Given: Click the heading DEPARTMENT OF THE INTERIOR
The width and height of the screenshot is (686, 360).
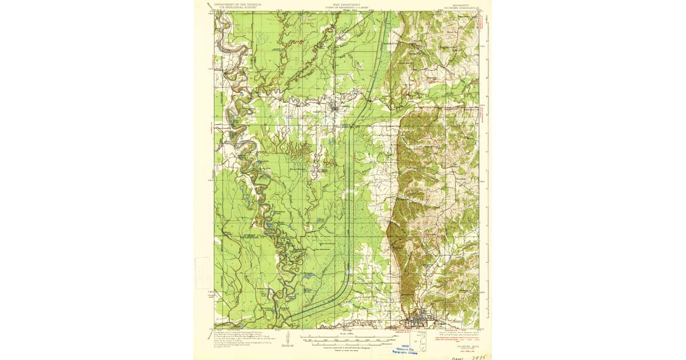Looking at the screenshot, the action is (x=238, y=3).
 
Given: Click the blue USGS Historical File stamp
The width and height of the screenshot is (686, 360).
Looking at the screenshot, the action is (x=409, y=350).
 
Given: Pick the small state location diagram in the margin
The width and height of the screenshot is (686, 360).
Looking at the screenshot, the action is (x=422, y=342).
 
